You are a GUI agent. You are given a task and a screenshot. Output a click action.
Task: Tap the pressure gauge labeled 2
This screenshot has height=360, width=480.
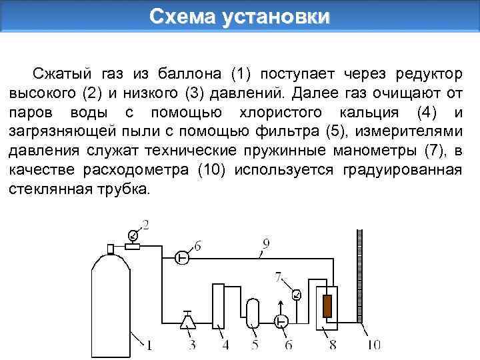pos(133,235)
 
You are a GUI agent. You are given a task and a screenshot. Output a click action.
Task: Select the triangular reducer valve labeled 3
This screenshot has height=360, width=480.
pos(189,322)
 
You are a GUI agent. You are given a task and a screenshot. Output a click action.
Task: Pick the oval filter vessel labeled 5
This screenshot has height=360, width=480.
pos(252,312)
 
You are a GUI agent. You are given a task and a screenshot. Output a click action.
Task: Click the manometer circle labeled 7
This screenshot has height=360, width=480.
pos(297,295)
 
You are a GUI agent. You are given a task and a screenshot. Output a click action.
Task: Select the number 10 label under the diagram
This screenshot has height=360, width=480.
pos(373,345)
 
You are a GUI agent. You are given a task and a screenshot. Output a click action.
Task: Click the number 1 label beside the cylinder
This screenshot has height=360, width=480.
pos(149,345)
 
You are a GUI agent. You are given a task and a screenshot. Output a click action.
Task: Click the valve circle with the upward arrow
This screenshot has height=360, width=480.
pos(282,321)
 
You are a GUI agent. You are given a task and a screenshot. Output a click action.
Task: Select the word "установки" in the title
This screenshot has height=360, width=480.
pos(275,16)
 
